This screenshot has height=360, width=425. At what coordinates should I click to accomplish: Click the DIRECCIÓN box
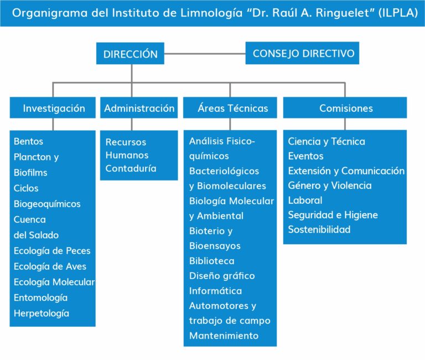[131, 54]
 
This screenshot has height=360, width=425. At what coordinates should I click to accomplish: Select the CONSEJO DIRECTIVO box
[303, 53]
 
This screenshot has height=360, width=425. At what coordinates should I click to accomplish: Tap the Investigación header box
[54, 108]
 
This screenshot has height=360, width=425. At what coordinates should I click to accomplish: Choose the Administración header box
[139, 108]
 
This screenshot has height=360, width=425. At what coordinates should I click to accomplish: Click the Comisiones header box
[346, 108]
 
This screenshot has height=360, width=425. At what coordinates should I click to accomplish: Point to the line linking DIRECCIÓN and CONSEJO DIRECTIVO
[205, 54]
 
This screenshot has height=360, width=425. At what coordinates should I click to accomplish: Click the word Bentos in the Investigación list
[28, 142]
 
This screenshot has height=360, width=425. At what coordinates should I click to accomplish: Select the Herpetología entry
[42, 313]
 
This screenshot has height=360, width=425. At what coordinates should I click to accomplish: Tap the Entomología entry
[40, 297]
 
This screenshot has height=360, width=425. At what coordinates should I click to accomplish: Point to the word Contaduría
[131, 168]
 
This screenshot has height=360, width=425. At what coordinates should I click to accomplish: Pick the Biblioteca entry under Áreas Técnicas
[211, 261]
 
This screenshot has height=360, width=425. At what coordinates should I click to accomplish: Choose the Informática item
[215, 291]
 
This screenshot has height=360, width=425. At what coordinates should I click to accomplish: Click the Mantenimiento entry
[224, 336]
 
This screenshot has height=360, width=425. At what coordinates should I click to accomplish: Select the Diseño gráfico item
[222, 276]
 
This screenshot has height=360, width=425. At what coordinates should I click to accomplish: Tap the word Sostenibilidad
[319, 229]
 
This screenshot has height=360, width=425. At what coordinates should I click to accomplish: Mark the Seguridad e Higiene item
[333, 214]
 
